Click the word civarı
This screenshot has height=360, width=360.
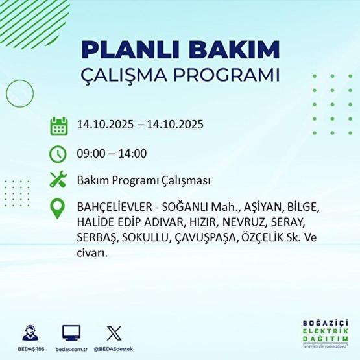click(x=91, y=252)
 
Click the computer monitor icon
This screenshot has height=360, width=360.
click(x=71, y=333)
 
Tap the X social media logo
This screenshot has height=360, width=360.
click(x=113, y=333)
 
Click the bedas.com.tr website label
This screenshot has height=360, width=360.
click(x=71, y=348)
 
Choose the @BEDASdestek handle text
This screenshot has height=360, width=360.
click(x=114, y=348)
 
